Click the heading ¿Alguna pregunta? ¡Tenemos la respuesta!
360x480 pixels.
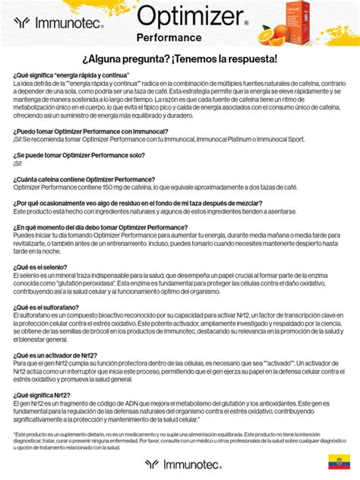point(179,59)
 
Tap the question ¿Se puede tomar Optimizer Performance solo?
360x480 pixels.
point(78,154)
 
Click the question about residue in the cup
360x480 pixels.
point(137,203)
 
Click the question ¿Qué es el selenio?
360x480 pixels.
point(39,267)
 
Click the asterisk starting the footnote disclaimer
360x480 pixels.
point(14,434)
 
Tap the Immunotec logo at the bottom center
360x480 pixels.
point(179,463)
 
